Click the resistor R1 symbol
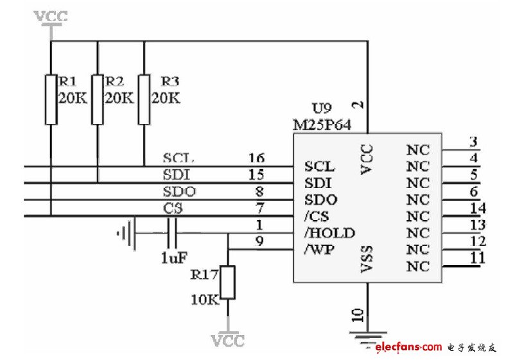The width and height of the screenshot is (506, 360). (51, 99)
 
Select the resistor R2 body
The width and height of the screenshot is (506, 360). (98, 99)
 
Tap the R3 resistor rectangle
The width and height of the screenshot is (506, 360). (144, 99)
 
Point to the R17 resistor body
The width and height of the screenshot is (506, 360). (228, 282)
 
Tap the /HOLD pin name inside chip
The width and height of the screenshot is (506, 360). (329, 232)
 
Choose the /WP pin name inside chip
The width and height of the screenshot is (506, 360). (319, 249)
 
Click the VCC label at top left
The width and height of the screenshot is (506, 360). (51, 16)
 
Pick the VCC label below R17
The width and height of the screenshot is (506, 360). (228, 340)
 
